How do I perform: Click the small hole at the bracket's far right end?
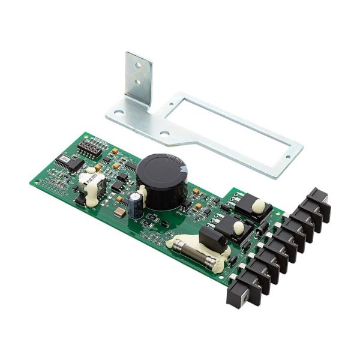[x=287, y=157]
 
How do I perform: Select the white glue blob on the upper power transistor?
[x=257, y=206]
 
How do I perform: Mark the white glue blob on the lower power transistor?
[x=238, y=227]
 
